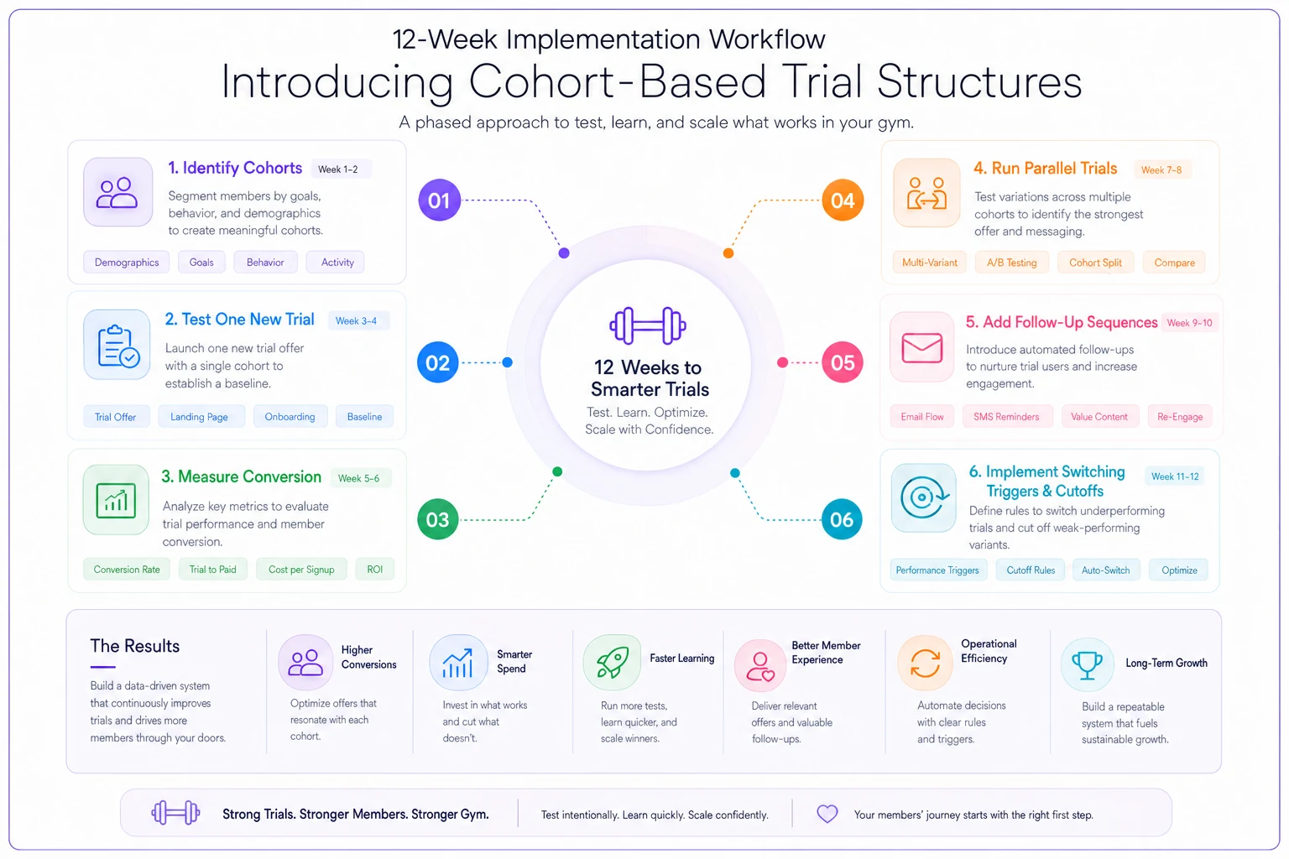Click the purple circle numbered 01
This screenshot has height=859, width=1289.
coord(439,200)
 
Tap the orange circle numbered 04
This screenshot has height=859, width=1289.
coord(843,200)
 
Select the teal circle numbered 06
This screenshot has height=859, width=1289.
coord(842,519)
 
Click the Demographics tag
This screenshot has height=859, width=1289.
coord(127,263)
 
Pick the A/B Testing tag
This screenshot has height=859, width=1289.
coord(1011,263)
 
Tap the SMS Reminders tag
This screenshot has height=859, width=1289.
coord(1006,417)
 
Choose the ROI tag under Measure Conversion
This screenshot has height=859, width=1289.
coord(374,570)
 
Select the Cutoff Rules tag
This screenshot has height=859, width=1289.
coord(1031,570)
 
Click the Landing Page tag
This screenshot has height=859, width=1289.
coord(199,417)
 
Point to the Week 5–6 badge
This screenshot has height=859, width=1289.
coord(358,478)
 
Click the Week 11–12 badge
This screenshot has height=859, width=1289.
coord(1175,476)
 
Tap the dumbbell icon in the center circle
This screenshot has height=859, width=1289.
coord(647,325)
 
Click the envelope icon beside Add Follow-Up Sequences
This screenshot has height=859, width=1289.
coord(922,348)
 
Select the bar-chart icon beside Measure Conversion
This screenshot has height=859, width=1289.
coord(117,501)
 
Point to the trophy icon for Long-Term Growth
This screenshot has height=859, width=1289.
coord(1087,665)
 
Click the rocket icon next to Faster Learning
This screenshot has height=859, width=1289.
coord(613,663)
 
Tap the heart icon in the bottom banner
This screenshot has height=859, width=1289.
coord(827,814)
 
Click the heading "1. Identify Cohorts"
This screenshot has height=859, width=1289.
coord(235,168)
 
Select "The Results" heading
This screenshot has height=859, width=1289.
coord(134,646)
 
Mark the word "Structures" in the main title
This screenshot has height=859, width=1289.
coord(978,81)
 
